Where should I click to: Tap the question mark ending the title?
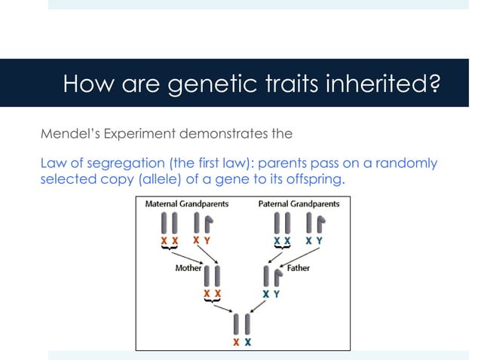pyautogui.click(x=433, y=83)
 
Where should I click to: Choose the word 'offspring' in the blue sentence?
pyautogui.click(x=322, y=180)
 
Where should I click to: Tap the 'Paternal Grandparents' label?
pyautogui.click(x=299, y=204)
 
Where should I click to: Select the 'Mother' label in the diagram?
pyautogui.click(x=188, y=267)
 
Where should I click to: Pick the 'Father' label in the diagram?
pyautogui.click(x=297, y=267)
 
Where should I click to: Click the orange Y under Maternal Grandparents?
pyautogui.click(x=207, y=240)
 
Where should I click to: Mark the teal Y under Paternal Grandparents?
pyautogui.click(x=320, y=240)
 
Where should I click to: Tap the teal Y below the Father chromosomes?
pyautogui.click(x=277, y=294)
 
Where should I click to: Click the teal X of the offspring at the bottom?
pyautogui.click(x=248, y=341)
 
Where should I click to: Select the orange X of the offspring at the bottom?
pyautogui.click(x=236, y=341)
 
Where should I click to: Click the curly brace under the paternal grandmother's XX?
pyautogui.click(x=281, y=248)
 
